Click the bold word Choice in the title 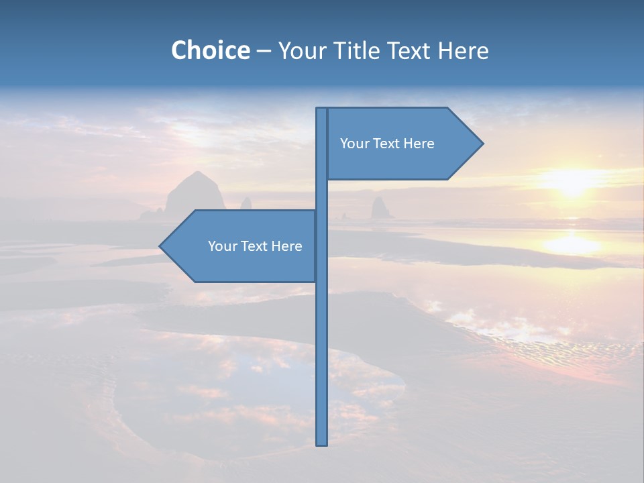(x=210, y=50)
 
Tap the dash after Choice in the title (x=264, y=51)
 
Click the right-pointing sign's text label (x=387, y=144)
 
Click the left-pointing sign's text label (x=255, y=246)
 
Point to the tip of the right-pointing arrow (x=482, y=143)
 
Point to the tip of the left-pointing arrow (x=160, y=246)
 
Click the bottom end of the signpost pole (x=322, y=443)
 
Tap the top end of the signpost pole (x=322, y=109)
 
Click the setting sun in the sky (x=572, y=182)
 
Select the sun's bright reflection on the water (x=572, y=243)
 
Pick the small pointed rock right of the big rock (x=246, y=203)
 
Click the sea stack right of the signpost (x=381, y=208)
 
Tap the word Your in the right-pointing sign (x=354, y=144)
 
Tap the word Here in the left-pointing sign (x=286, y=246)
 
